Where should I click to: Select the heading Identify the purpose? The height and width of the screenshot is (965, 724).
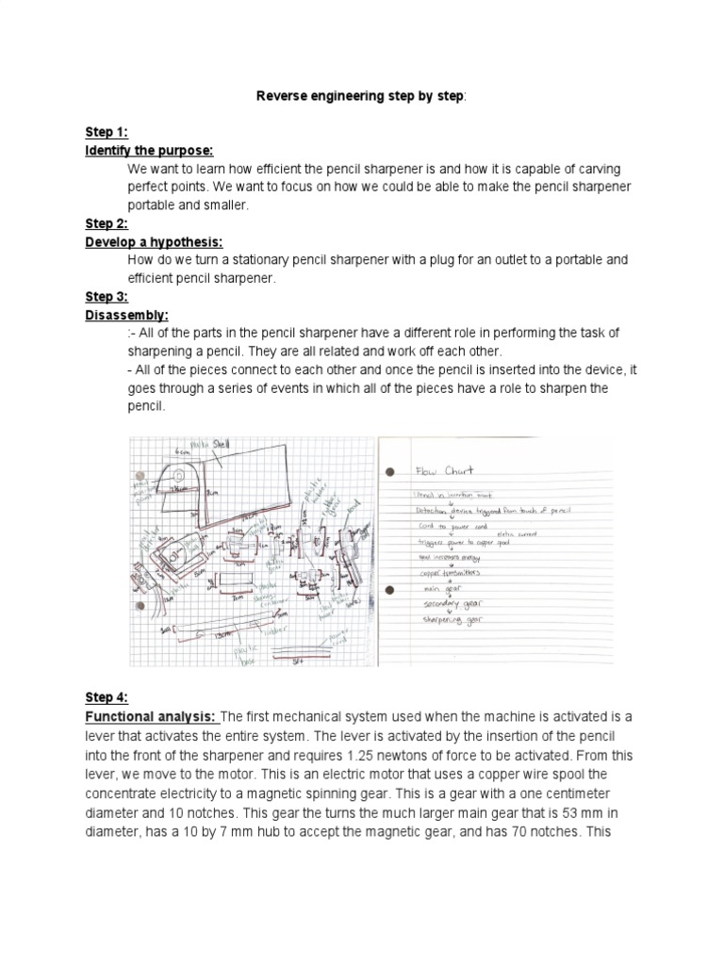[149, 151]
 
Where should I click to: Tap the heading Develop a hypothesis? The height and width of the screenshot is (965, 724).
[154, 241]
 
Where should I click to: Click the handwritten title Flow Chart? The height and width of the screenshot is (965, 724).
[444, 470]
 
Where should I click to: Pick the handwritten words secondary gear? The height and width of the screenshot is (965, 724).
[453, 604]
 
